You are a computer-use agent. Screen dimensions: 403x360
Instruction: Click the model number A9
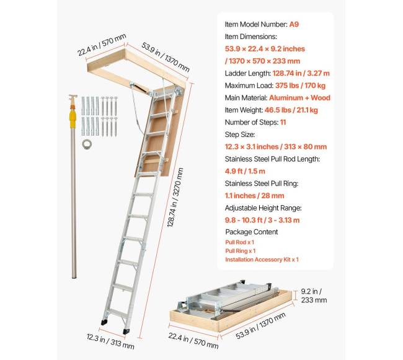point(294,24)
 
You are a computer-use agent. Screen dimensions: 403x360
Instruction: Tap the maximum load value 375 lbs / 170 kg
point(300,86)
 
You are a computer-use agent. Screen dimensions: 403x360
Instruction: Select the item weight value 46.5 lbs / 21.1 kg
point(291,110)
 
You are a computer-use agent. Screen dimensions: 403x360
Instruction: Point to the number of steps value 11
point(283,122)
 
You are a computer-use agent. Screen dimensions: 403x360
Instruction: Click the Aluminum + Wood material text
point(299,98)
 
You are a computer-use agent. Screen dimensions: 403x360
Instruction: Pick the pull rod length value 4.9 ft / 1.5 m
point(245,171)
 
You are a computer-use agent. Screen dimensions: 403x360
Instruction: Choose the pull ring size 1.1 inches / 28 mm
point(254,196)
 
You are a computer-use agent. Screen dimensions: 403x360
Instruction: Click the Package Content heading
point(252,232)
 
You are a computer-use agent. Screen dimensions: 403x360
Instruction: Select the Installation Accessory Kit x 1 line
point(262,260)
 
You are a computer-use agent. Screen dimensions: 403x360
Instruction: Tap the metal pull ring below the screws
point(87,144)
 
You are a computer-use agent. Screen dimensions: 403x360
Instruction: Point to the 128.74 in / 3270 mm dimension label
point(175,198)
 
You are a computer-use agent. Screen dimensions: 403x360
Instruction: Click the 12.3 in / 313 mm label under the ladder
point(110,341)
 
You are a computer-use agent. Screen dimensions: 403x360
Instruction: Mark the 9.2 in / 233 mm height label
point(314,296)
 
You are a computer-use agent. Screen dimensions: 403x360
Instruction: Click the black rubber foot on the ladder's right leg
point(126,331)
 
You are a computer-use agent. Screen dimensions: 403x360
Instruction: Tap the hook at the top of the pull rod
point(73,97)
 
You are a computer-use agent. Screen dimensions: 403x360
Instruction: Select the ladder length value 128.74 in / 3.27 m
point(301,74)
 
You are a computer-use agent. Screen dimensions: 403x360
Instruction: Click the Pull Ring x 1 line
point(241,251)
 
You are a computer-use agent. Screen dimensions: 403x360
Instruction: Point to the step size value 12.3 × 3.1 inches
point(252,147)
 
